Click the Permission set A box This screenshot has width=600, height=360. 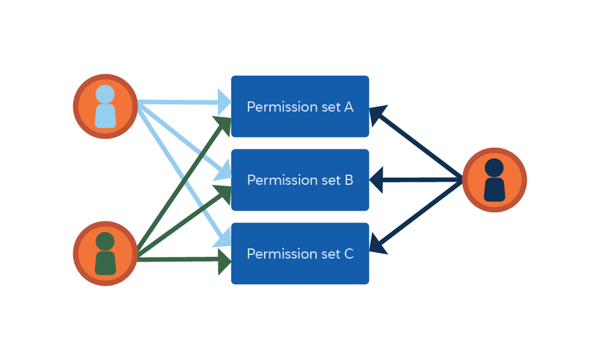(x=300, y=106)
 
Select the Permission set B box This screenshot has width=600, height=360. (x=300, y=180)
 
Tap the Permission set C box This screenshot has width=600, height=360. (x=300, y=253)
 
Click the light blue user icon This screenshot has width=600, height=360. (x=106, y=106)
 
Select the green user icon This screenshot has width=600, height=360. (x=106, y=253)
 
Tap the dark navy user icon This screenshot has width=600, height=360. (x=494, y=180)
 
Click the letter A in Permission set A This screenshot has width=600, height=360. (x=349, y=107)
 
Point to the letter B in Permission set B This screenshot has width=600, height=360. (x=349, y=180)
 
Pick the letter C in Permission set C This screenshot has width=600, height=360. (x=349, y=254)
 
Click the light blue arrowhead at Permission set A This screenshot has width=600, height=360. (x=224, y=103)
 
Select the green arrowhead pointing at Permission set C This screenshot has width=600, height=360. (x=224, y=259)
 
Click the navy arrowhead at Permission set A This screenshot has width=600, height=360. (x=377, y=114)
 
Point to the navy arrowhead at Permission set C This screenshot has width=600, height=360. (x=377, y=244)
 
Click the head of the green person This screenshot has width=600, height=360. (x=105, y=242)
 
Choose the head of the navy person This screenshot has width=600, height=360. (x=494, y=168)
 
